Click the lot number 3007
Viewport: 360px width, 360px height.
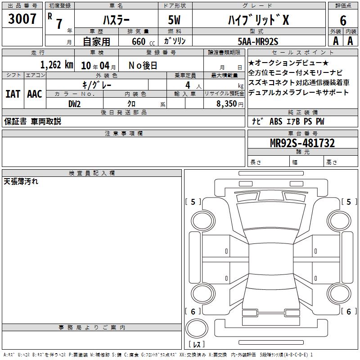(22, 19)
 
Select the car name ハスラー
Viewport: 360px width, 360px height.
(116, 20)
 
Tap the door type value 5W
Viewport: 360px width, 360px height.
(174, 20)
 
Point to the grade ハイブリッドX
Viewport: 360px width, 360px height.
(258, 20)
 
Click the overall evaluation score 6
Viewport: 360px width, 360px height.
(343, 20)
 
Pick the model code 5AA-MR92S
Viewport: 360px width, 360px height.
(258, 41)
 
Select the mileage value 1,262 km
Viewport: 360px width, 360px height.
(57, 65)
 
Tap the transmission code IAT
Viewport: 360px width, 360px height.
(13, 94)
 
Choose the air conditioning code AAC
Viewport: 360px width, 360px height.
(35, 94)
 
